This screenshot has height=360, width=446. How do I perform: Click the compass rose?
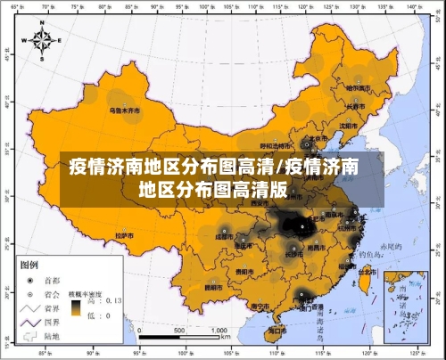[x=42, y=41]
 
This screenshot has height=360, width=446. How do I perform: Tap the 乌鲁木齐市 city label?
[x=125, y=111]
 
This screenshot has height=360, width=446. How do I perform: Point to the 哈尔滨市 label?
[x=361, y=88]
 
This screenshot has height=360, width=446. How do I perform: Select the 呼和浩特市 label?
[x=275, y=145]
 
